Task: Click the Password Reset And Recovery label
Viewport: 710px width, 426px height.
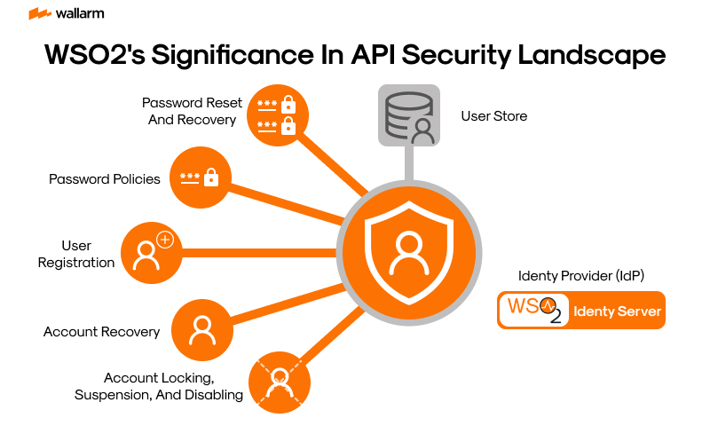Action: [x=192, y=111]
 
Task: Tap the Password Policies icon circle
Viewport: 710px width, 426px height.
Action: [x=200, y=178]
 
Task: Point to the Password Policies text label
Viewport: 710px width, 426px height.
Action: [x=105, y=179]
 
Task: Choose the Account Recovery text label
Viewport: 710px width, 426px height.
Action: [x=102, y=332]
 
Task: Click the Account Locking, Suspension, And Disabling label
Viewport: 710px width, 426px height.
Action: [x=159, y=386]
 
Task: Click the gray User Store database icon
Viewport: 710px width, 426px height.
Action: [x=408, y=115]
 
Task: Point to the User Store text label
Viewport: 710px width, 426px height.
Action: [x=493, y=116]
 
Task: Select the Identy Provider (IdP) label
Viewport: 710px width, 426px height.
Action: [x=580, y=276]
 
